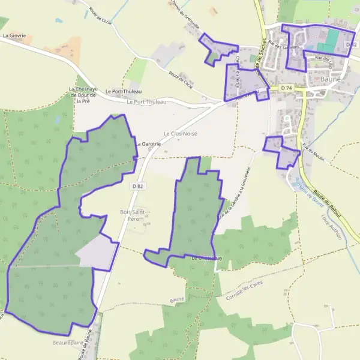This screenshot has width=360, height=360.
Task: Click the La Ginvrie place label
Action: point(14,35)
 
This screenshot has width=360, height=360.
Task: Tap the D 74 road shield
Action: point(286,88)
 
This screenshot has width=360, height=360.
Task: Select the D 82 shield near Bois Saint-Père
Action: point(137,187)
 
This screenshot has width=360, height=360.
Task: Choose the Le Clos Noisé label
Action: point(180,133)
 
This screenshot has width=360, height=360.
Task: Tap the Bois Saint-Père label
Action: point(133,215)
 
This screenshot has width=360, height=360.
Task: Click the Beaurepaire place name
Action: point(66,343)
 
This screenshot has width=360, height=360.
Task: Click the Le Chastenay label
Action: point(207,258)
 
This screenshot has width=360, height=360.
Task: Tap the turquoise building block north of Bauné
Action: point(328,43)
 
